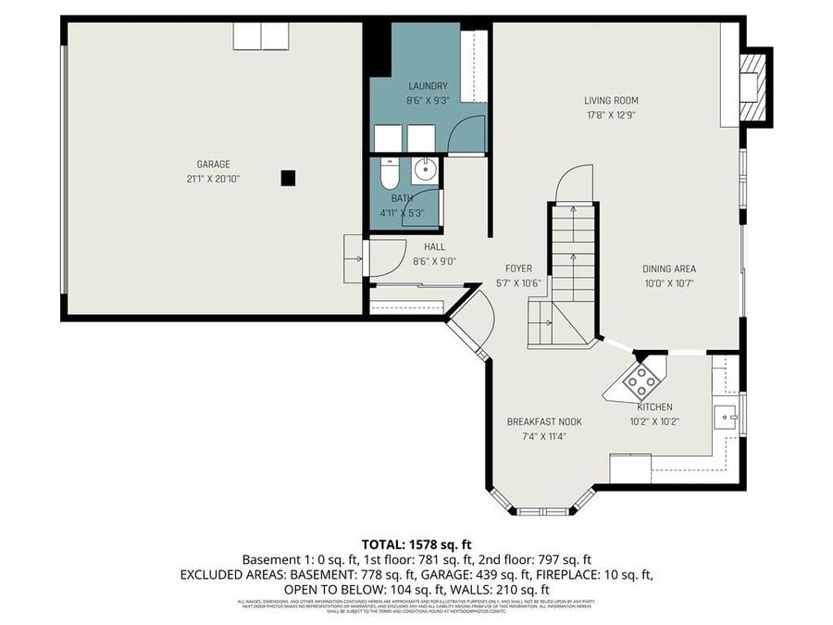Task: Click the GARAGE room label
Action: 213,164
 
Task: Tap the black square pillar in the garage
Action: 288,177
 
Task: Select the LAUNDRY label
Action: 427,86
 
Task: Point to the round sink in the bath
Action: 425,169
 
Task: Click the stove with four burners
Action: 640,380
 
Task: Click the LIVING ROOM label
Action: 611,101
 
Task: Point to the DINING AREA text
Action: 669,269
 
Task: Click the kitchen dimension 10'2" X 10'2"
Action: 654,421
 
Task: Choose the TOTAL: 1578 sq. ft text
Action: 416,544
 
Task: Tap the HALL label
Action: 434,247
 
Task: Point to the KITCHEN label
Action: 654,406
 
